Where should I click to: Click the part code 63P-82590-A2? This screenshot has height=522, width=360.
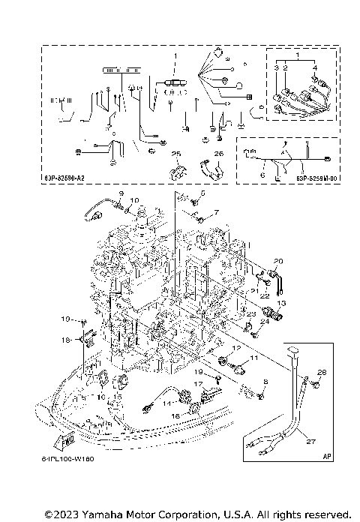pyautogui.click(x=73, y=178)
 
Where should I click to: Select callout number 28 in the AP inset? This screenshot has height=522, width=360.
pyautogui.click(x=321, y=372)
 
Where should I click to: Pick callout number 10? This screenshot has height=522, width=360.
pyautogui.click(x=136, y=201)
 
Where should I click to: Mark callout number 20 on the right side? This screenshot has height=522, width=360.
pyautogui.click(x=277, y=261)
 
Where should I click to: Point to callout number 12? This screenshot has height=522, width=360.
pyautogui.click(x=236, y=349)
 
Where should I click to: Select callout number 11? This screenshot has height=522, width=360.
pyautogui.click(x=253, y=360)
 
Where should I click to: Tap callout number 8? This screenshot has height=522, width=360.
pyautogui.click(x=265, y=382)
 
